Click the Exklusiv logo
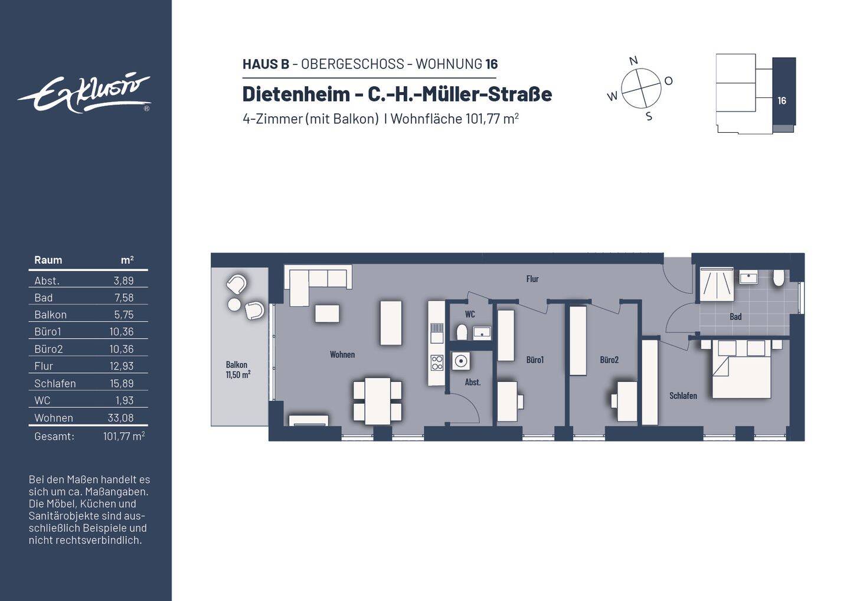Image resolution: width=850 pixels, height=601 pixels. click(84, 93)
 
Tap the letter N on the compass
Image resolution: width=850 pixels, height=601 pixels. click(633, 60)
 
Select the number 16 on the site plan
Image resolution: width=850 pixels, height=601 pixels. click(782, 101)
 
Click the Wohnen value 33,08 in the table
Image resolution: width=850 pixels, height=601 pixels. click(121, 418)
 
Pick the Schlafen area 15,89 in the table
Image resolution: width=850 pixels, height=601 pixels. click(122, 384)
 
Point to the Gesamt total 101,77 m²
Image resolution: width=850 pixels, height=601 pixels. click(123, 436)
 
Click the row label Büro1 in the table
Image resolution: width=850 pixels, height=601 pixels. click(48, 332)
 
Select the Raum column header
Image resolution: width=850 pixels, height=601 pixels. click(48, 260)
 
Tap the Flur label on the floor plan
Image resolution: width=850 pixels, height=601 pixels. click(532, 279)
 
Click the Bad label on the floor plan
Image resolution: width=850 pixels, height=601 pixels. click(735, 316)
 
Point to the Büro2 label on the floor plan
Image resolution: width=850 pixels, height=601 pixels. click(609, 360)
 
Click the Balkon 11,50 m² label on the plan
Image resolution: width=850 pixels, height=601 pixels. click(237, 370)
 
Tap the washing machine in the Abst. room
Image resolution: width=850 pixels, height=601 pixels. click(461, 361)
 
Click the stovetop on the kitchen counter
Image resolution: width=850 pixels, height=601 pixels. click(437, 362)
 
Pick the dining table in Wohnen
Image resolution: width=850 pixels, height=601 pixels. click(377, 401)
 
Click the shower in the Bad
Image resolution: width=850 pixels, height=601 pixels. click(716, 285)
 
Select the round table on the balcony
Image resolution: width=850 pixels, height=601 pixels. click(234, 305)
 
